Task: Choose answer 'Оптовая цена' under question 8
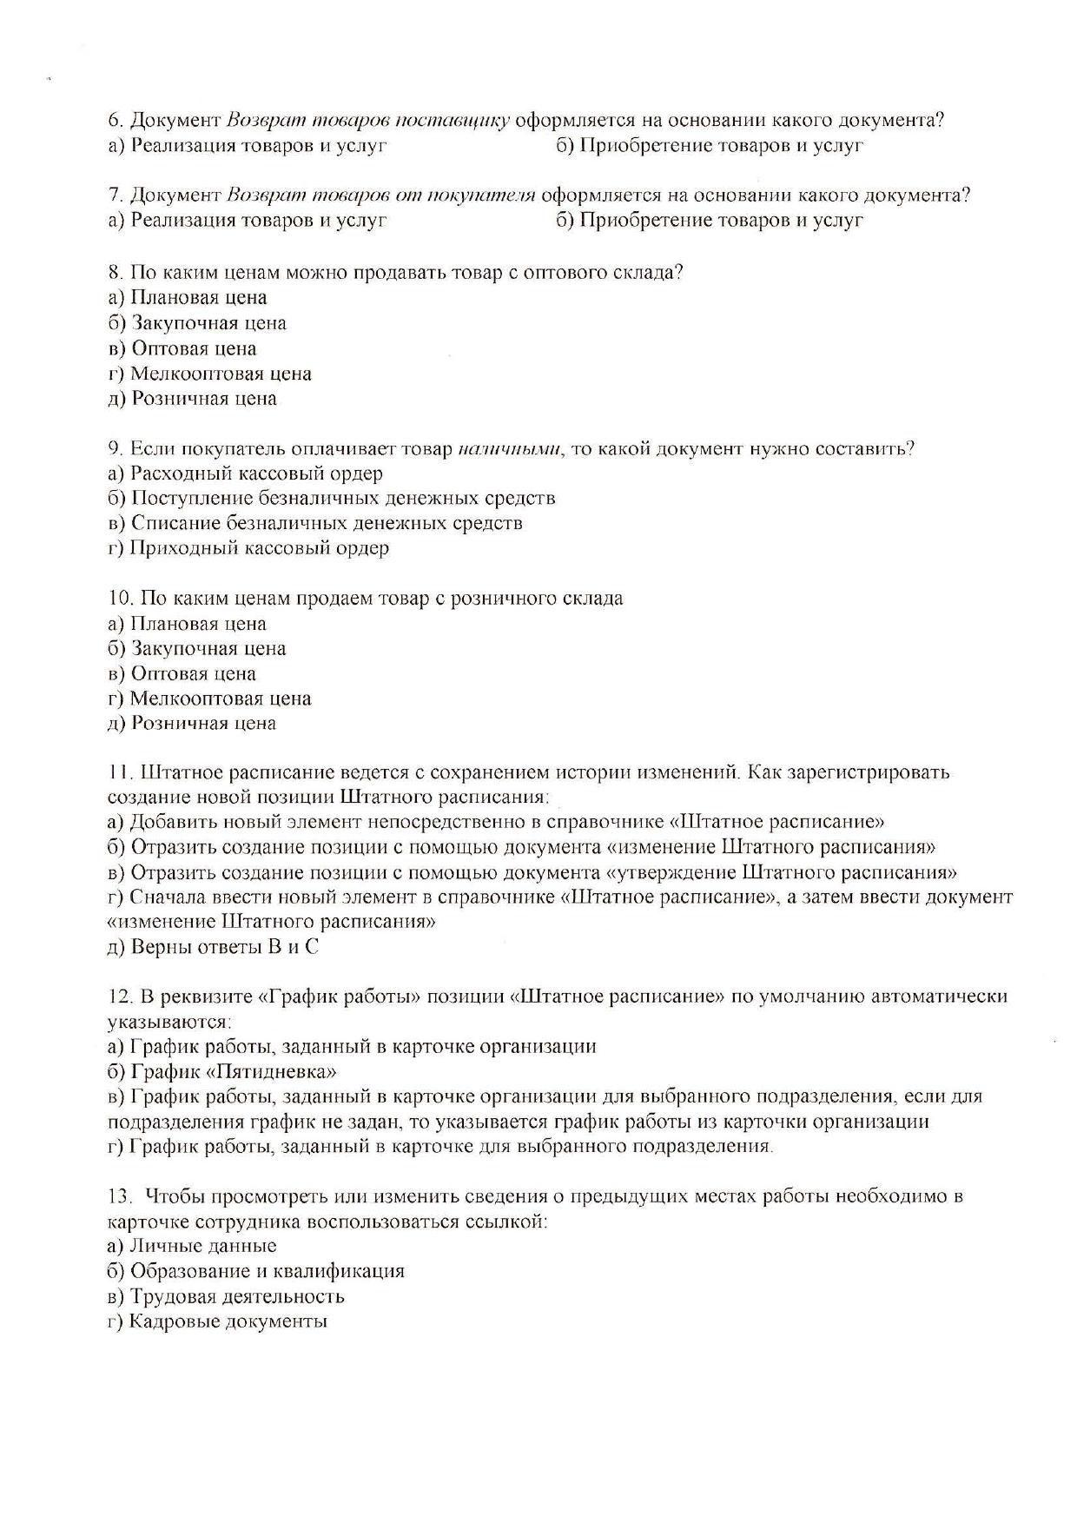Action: coord(194,348)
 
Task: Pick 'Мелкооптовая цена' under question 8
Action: coord(221,374)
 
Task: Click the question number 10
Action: coord(120,599)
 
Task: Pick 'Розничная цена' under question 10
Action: coord(203,723)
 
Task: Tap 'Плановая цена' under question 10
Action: coord(198,624)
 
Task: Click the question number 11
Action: coord(119,772)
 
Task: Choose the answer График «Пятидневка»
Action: coord(233,1071)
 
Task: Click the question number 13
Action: coord(120,1196)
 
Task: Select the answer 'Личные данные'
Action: coord(203,1246)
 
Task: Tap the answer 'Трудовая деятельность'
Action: coord(237,1296)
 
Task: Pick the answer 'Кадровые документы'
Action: coord(228,1321)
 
